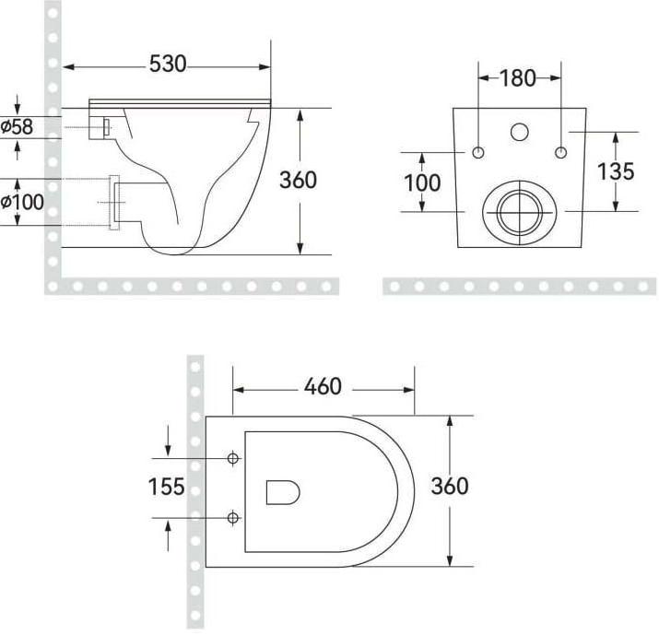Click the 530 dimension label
(168, 64)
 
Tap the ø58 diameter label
(17, 126)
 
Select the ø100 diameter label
(22, 202)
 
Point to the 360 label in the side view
(298, 180)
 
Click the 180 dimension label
(518, 78)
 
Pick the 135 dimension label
(616, 171)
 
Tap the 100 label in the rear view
(422, 182)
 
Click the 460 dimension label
(323, 387)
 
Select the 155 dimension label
(167, 487)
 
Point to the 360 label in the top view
(450, 487)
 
